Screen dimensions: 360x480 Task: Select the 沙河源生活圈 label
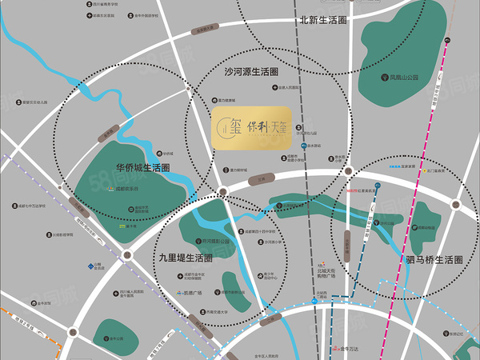pos(251,72)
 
